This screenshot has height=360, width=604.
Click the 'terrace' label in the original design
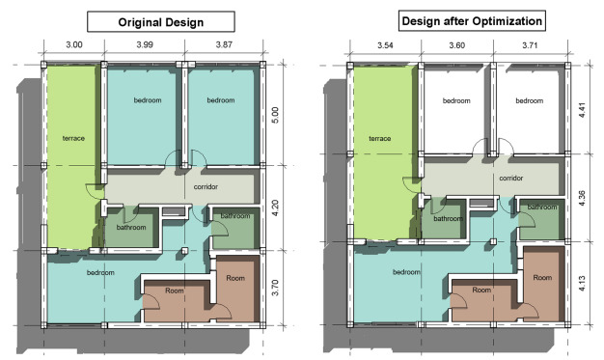72,138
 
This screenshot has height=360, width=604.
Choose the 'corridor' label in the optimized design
510,178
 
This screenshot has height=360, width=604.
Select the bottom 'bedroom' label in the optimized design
405,272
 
